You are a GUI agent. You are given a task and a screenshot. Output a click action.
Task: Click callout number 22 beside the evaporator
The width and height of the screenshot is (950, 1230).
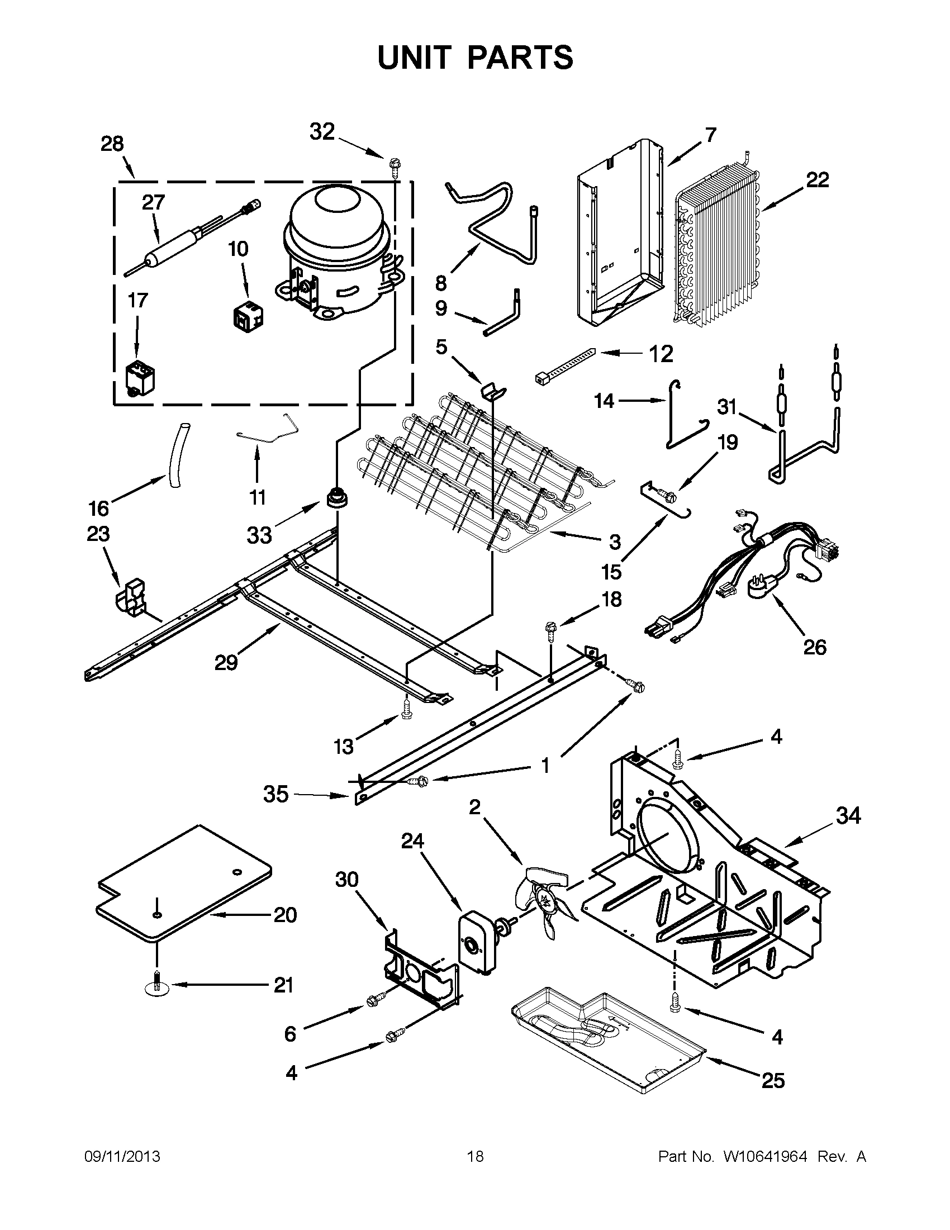coord(817,181)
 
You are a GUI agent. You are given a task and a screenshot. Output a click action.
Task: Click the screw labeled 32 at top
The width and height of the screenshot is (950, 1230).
coord(392,164)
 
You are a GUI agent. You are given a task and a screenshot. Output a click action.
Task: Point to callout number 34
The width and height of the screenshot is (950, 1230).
coord(848,815)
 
